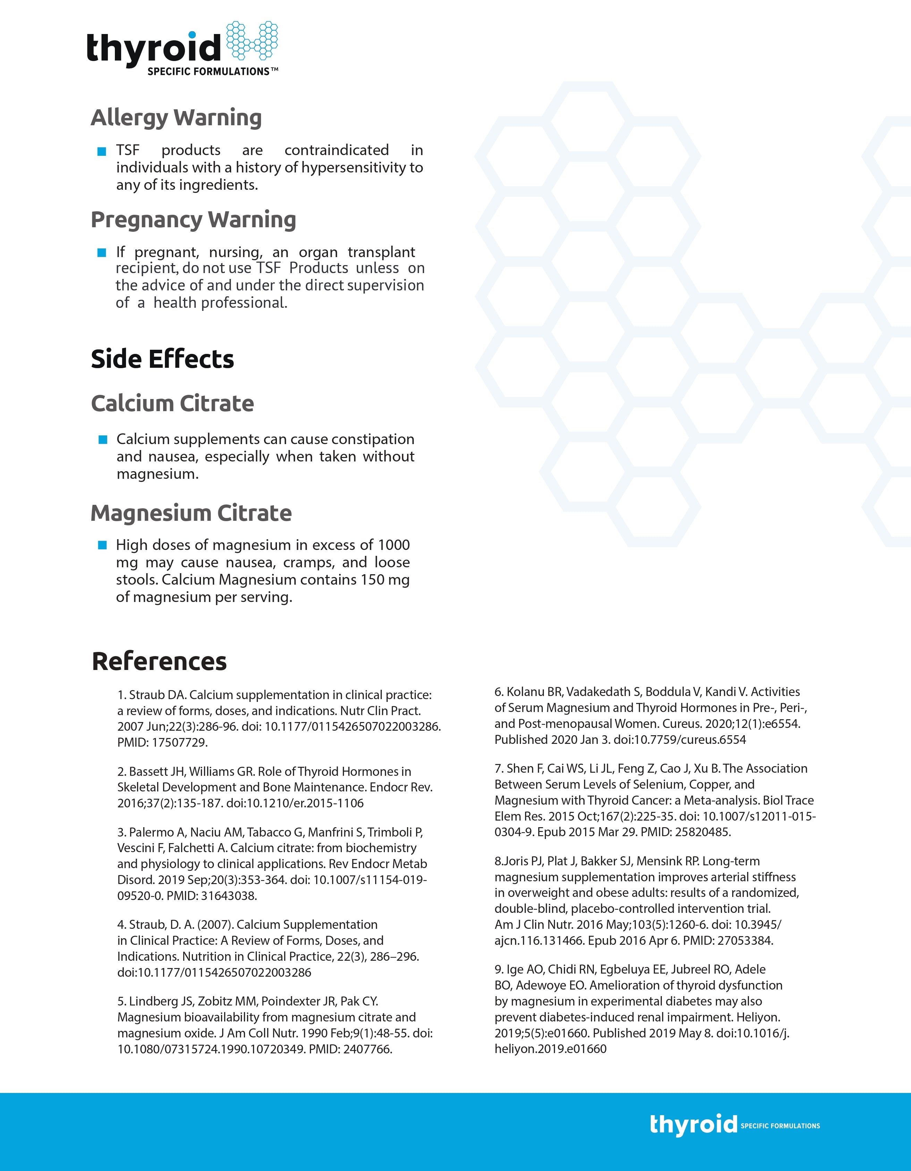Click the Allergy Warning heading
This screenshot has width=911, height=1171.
click(x=176, y=117)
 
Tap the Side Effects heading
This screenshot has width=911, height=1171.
click(x=162, y=359)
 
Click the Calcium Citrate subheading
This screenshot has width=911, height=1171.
click(x=172, y=403)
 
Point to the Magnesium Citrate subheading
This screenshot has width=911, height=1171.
click(x=191, y=513)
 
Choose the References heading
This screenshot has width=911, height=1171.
click(x=159, y=661)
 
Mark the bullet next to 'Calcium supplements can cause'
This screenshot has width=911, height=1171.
click(x=103, y=440)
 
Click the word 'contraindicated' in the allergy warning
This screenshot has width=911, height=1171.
click(x=336, y=150)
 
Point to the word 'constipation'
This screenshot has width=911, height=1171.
click(x=373, y=439)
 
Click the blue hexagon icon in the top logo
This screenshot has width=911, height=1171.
click(x=252, y=41)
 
